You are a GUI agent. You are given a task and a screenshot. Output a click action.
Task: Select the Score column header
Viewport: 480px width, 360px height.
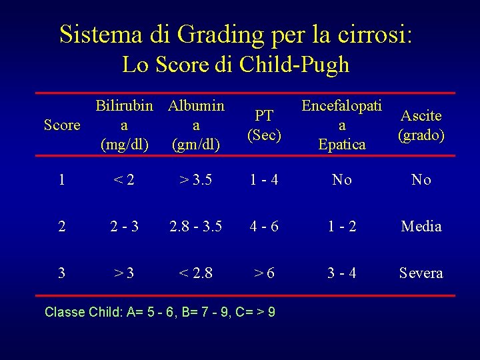point(61,125)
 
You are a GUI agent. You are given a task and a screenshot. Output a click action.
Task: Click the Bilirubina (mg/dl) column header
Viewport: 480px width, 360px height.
point(124,125)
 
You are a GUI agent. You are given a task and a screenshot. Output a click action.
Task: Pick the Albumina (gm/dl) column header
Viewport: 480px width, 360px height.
point(196,125)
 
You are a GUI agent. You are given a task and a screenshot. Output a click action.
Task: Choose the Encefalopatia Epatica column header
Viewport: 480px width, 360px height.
point(341,125)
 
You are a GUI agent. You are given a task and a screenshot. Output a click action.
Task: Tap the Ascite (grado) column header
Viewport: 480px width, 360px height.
point(421,125)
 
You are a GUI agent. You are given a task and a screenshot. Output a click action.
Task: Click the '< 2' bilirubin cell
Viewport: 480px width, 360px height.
point(124,180)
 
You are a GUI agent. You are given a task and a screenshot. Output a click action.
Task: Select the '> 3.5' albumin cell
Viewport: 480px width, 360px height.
point(196,180)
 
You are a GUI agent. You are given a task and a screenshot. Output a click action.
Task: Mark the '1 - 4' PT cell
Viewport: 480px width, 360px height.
point(265,180)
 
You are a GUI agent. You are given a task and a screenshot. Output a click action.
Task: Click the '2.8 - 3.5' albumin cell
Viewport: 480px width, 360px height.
point(196,227)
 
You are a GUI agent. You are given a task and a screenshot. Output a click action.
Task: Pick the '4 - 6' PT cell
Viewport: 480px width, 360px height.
point(265,227)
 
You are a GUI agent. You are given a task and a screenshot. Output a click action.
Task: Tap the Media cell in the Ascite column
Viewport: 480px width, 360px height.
point(421,227)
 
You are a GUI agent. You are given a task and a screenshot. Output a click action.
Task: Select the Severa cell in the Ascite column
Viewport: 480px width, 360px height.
point(421,273)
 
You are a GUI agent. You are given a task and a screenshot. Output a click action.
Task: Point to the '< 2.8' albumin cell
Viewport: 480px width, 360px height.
point(196,273)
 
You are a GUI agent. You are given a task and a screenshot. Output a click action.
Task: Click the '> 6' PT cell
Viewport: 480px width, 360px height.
point(265,273)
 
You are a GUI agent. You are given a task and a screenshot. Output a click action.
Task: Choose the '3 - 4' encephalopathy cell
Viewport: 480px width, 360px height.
point(341,273)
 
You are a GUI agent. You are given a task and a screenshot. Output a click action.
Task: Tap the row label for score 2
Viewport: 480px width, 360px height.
point(61,227)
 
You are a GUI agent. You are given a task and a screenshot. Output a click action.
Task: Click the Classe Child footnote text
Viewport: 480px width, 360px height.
point(159,312)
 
